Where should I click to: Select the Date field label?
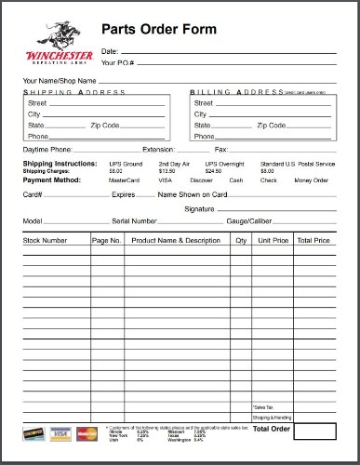109,50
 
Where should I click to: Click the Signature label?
199,209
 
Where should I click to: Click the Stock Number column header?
46,240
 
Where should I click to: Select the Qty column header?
240,240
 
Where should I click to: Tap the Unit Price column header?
273,240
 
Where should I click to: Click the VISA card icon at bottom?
61,433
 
